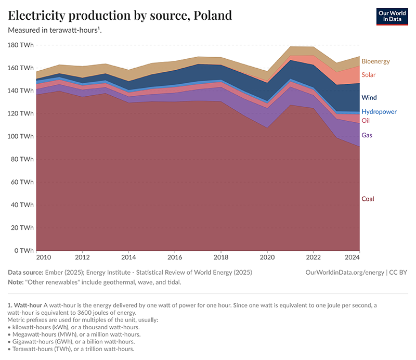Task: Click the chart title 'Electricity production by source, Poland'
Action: pyautogui.click(x=120, y=15)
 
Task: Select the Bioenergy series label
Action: pyautogui.click(x=375, y=61)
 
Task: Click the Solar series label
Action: pyautogui.click(x=368, y=75)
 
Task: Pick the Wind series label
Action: pyautogui.click(x=369, y=97)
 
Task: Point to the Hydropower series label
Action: pyautogui.click(x=379, y=112)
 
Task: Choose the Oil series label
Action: pyautogui.click(x=366, y=120)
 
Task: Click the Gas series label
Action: pyautogui.click(x=367, y=135)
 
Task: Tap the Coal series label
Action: pyautogui.click(x=368, y=199)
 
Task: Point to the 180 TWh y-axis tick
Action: pyautogui.click(x=21, y=45)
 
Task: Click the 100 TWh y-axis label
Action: pyautogui.click(x=21, y=136)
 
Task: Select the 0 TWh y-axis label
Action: pyautogui.click(x=24, y=250)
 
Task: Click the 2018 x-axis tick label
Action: pyautogui.click(x=221, y=257)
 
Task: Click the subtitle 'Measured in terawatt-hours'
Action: pyautogui.click(x=54, y=30)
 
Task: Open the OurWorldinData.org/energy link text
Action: pyautogui.click(x=346, y=272)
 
